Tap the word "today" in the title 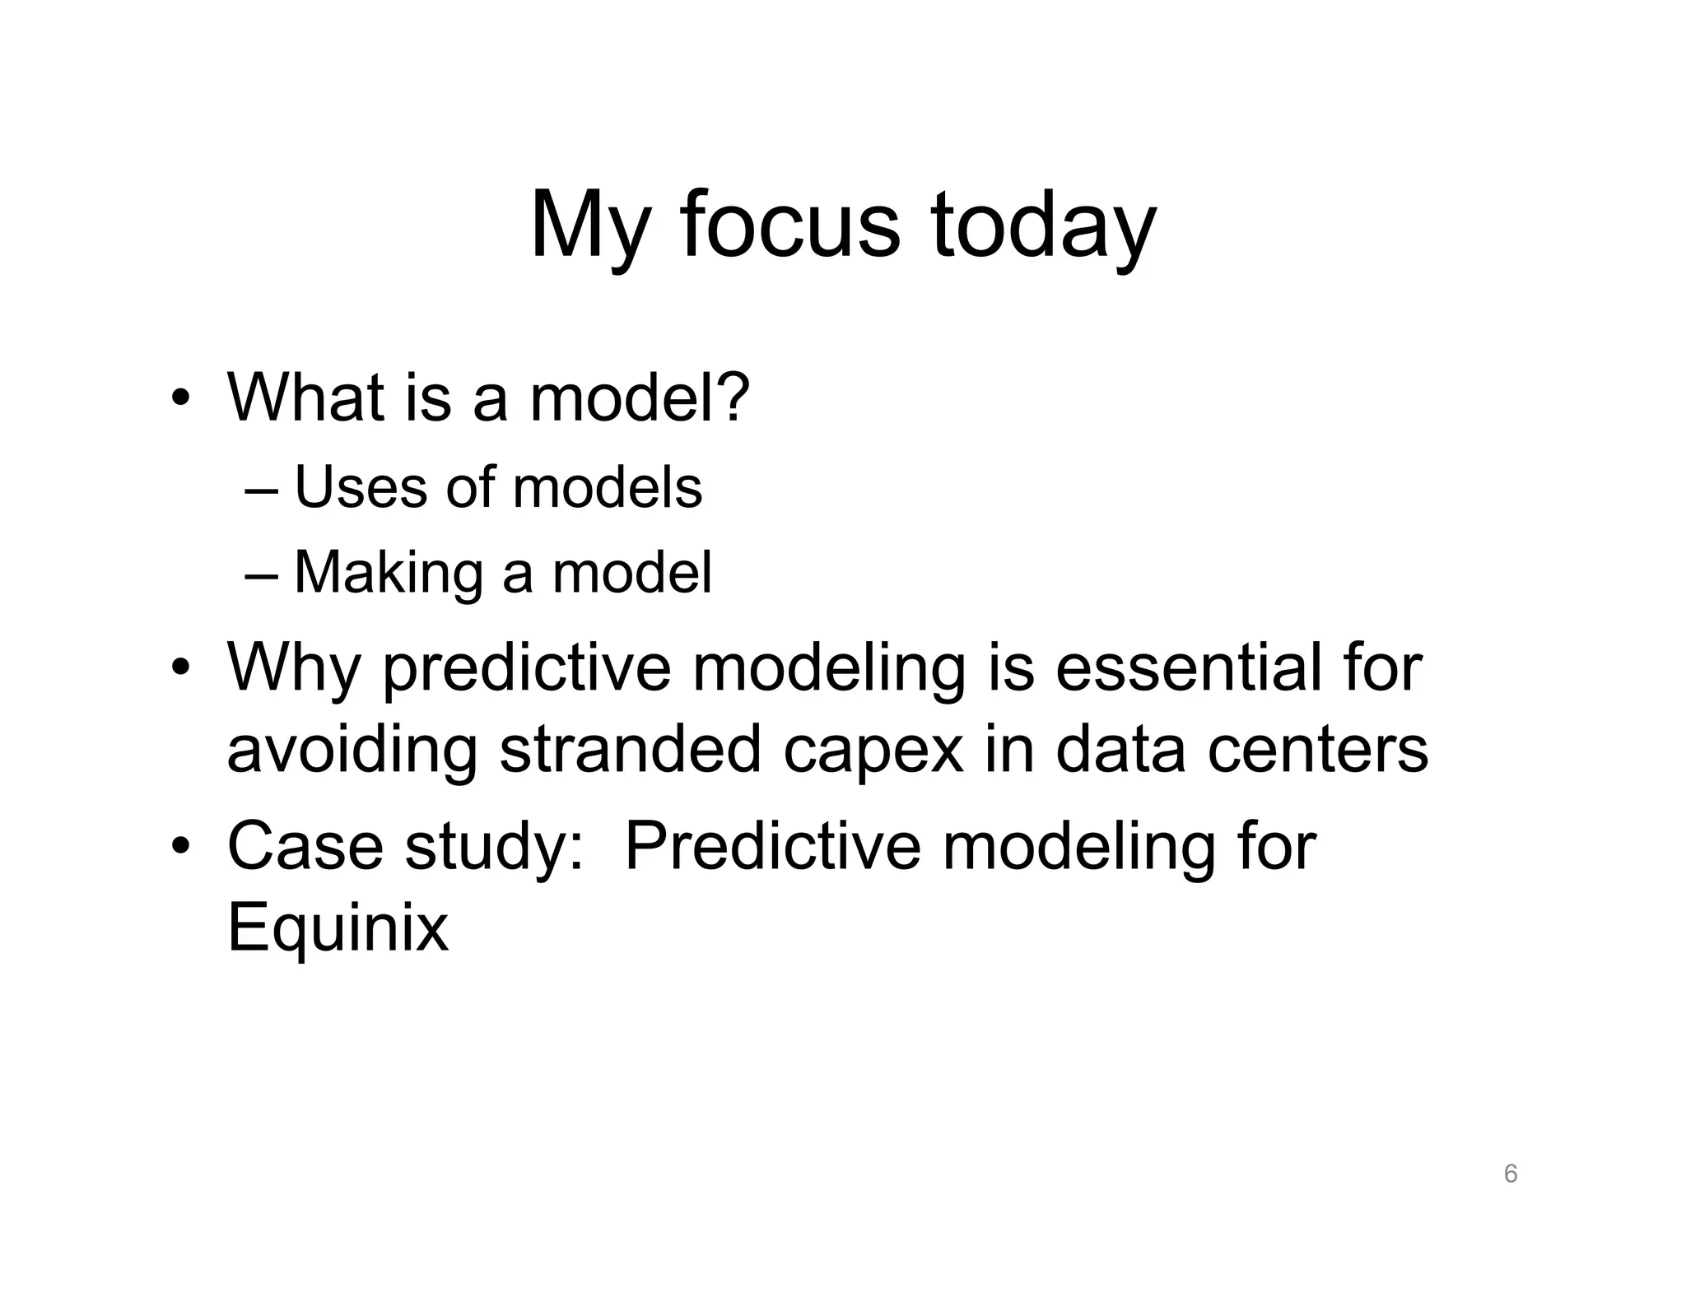[1043, 226]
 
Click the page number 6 [1510, 1174]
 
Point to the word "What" [305, 398]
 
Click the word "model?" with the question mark [640, 398]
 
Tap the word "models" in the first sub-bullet [607, 487]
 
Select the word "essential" [1178, 667]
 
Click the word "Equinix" [338, 928]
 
